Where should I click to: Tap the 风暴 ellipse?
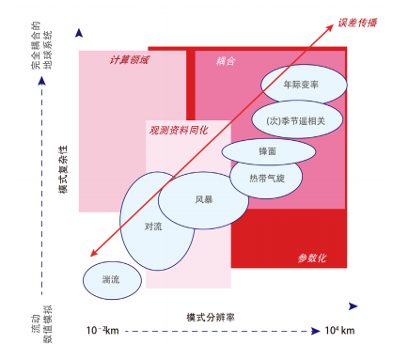[x=203, y=200]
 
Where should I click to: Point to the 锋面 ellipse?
[x=267, y=149]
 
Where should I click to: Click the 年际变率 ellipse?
[x=301, y=84]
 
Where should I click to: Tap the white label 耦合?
[x=226, y=61]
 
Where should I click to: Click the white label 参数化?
[x=309, y=258]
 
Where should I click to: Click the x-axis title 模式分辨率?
[x=211, y=317]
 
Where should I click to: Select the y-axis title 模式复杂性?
[x=62, y=169]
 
